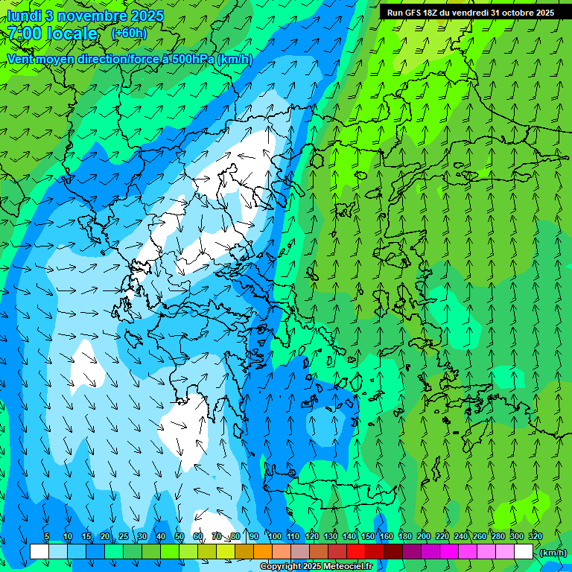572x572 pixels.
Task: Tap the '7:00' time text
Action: [25, 34]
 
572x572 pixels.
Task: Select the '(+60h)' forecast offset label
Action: [129, 34]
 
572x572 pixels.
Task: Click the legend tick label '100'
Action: [274, 536]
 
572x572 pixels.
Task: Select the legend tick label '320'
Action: [535, 536]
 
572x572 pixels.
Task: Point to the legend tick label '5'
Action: [48, 536]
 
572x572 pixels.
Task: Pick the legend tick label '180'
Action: [404, 536]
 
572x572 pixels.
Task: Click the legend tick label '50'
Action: [179, 536]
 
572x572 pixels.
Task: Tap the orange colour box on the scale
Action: [263, 552]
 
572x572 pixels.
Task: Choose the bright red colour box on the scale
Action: [356, 552]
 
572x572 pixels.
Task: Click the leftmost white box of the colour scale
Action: [39, 552]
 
